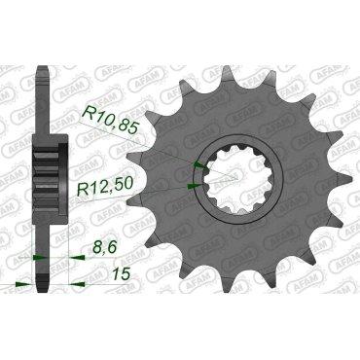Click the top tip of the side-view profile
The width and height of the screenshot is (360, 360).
click(42, 69)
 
